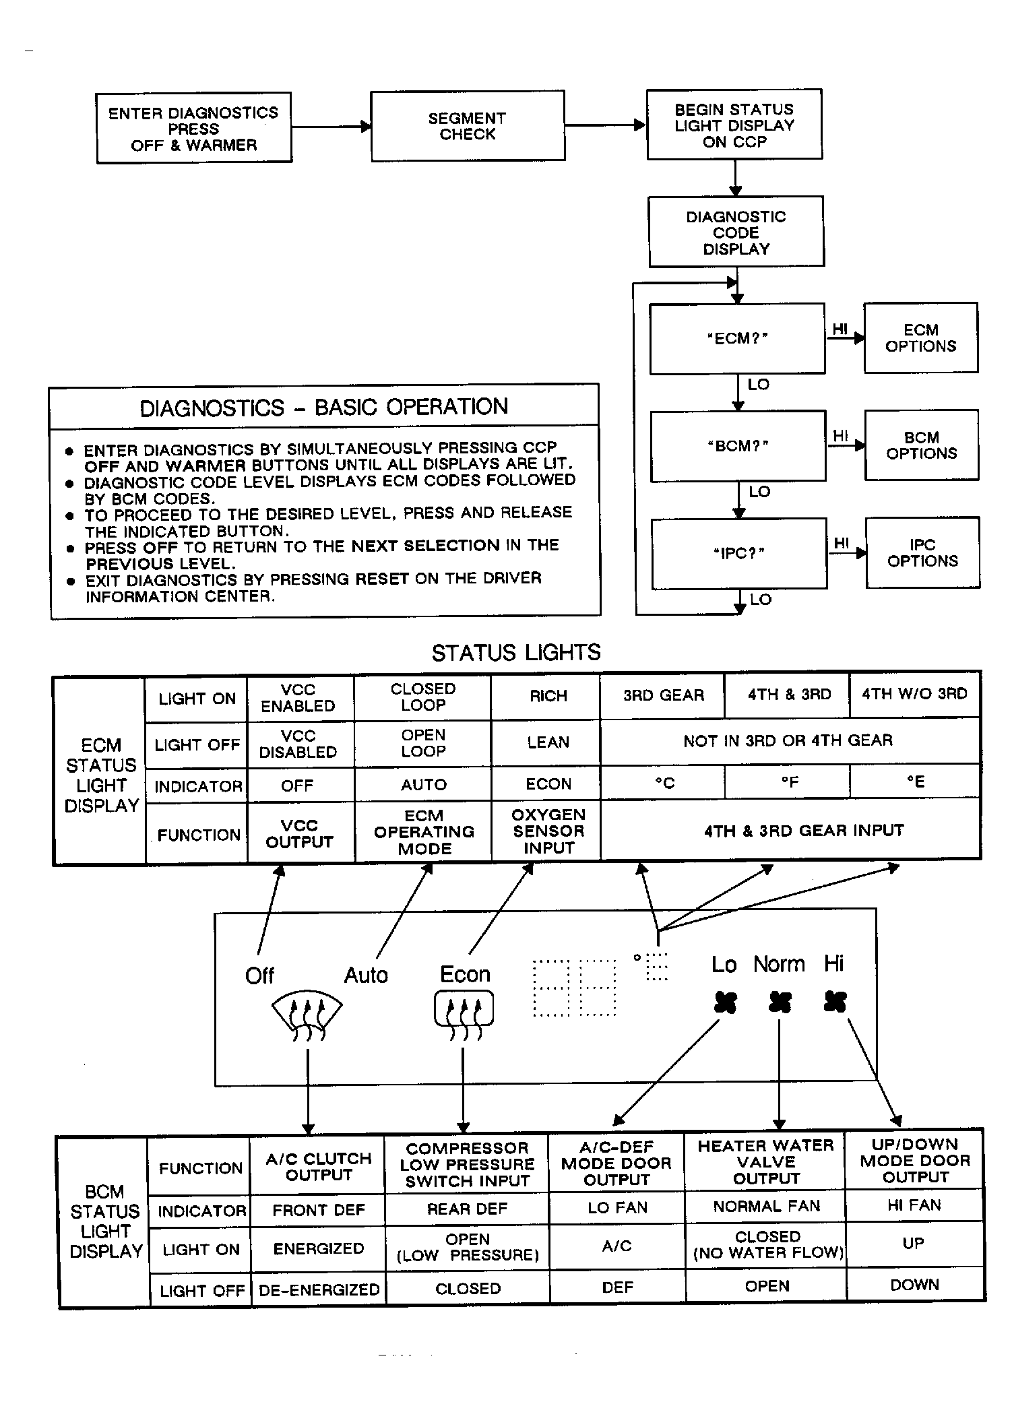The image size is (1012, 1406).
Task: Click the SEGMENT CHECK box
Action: [468, 126]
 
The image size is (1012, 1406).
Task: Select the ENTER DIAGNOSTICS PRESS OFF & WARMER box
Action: [194, 129]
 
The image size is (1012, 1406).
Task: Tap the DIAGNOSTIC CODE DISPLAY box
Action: [736, 232]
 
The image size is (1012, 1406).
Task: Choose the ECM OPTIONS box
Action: [920, 338]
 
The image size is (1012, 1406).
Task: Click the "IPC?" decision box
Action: [738, 554]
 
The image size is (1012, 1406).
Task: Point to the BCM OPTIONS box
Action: [921, 445]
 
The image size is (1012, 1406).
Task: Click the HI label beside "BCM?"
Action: [840, 436]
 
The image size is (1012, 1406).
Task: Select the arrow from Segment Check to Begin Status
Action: [604, 125]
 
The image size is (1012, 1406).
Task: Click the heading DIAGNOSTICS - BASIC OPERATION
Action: [323, 408]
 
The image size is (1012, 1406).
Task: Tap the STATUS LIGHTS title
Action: [515, 653]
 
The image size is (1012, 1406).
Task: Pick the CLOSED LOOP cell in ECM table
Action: [423, 697]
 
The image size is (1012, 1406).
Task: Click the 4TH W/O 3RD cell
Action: [914, 694]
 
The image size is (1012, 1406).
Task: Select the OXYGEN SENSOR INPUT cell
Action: [548, 831]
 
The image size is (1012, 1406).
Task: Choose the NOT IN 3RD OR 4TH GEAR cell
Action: [788, 740]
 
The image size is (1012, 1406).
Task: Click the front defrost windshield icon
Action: [307, 1017]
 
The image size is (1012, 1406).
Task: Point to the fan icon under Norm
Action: [780, 1003]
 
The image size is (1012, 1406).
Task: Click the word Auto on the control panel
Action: [366, 975]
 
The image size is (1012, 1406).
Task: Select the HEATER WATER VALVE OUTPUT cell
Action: [765, 1162]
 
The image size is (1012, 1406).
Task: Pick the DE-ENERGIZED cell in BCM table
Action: [319, 1289]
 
